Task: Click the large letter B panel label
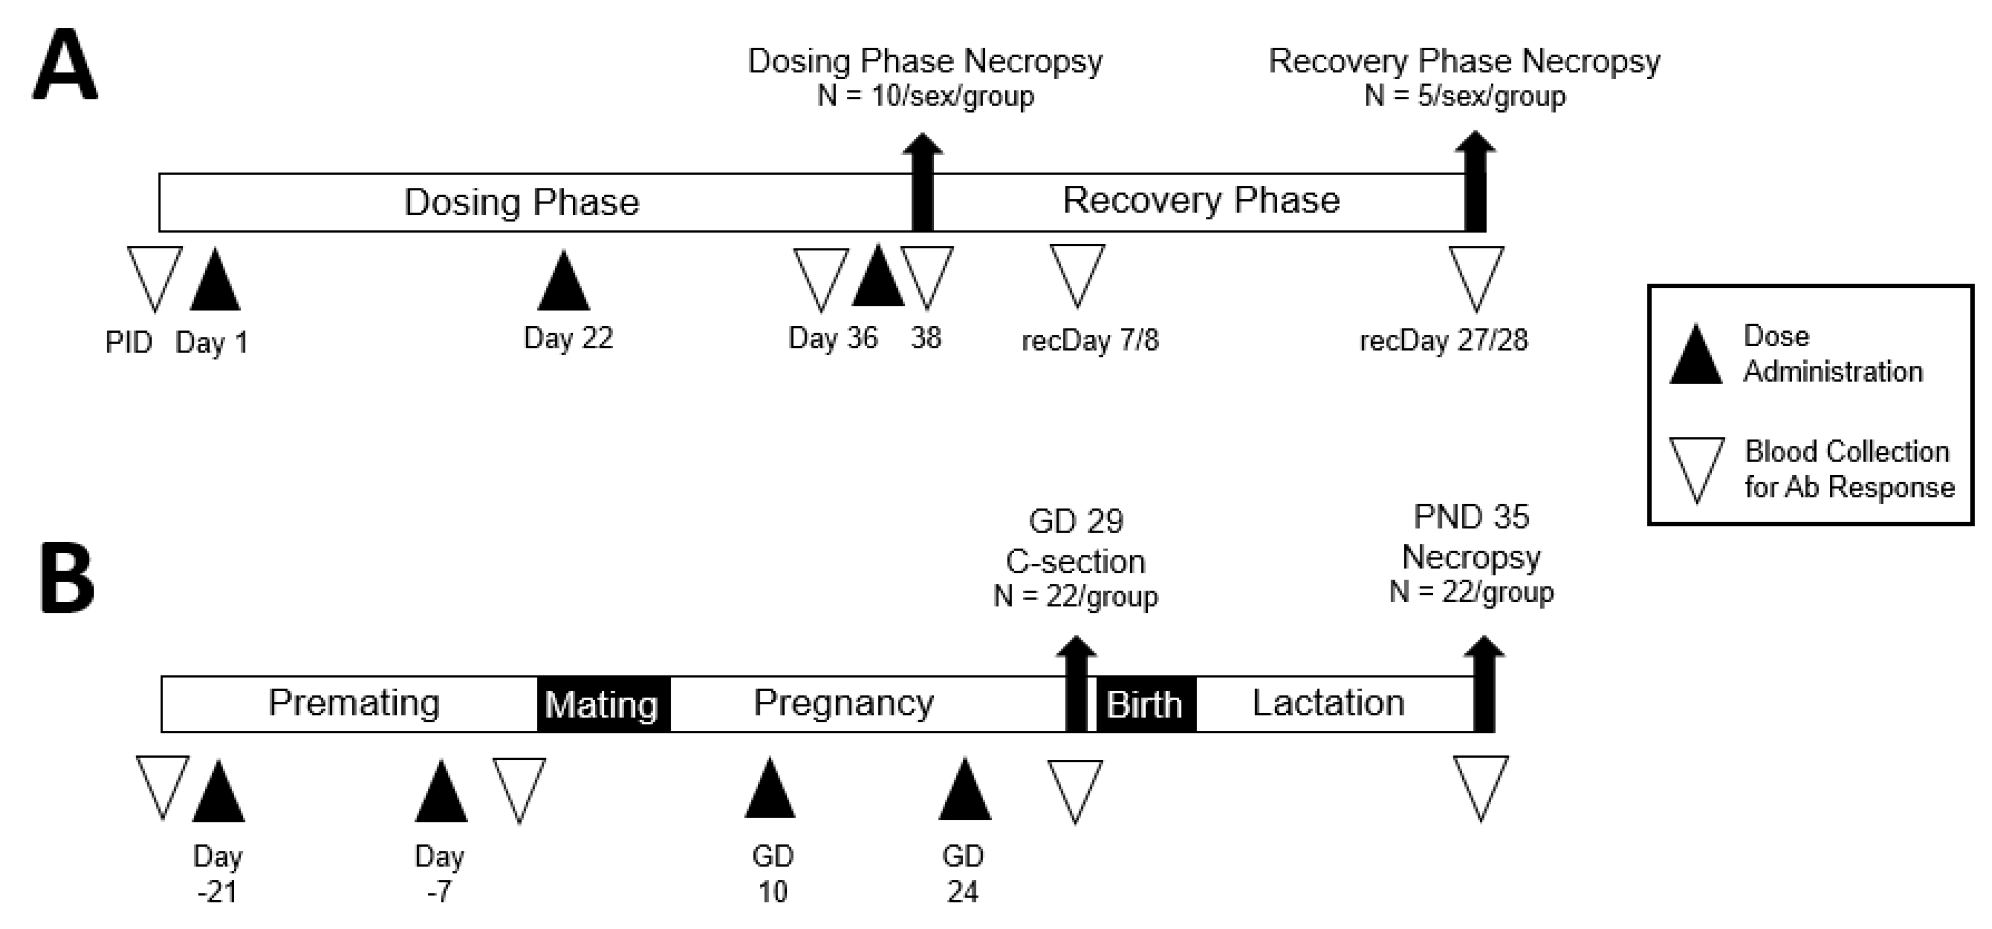coord(67,580)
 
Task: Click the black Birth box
coord(1145,704)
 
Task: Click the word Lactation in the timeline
coord(1328,702)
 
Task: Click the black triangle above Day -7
coord(441,793)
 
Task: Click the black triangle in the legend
coord(1695,357)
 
